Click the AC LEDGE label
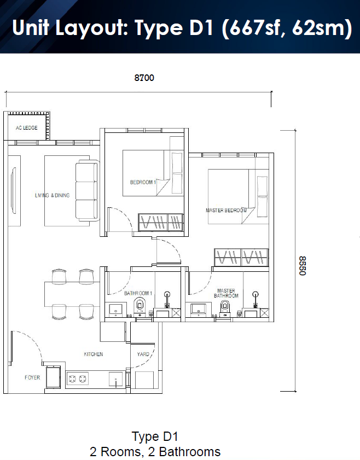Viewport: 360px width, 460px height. pos(27,128)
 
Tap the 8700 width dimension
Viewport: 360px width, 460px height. pos(144,78)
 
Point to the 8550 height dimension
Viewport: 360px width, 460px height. pos(303,266)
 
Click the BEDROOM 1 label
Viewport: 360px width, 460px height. pos(143,182)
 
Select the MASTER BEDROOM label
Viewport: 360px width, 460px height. pos(226,211)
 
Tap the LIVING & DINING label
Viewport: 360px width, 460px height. pos(52,195)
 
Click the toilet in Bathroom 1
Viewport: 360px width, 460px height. pos(140,306)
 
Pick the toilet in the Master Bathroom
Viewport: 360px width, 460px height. pos(225,308)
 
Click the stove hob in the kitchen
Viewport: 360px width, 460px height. pos(78,379)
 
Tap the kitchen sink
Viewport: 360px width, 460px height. pos(115,380)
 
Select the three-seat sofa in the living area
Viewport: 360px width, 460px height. pos(87,191)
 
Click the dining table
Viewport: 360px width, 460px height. pos(72,294)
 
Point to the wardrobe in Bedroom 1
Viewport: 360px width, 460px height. pos(160,222)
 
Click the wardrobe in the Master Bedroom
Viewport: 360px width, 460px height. pos(241,257)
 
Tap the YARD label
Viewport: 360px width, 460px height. pos(143,354)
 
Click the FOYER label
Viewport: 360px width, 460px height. pos(32,377)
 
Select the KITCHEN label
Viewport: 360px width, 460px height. pos(94,354)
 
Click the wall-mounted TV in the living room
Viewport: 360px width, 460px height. pos(14,191)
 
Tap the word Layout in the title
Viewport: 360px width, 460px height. pos(91,27)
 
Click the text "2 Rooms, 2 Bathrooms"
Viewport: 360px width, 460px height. pos(155,452)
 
